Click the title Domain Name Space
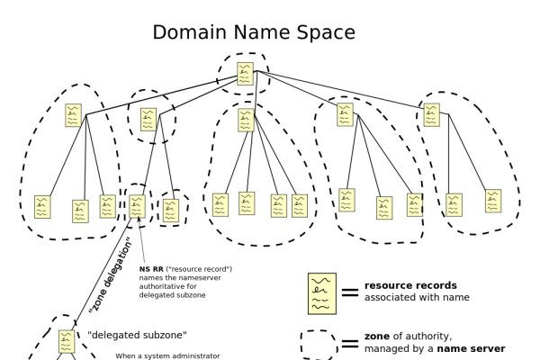[x=253, y=33]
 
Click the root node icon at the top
[x=245, y=73]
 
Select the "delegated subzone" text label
[x=138, y=336]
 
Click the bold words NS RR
[x=150, y=268]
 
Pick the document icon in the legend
[x=320, y=292]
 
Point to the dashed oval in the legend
[x=319, y=344]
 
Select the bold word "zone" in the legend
[x=377, y=336]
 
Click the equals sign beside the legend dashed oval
[x=350, y=344]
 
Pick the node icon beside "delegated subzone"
[x=66, y=341]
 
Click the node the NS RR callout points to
[x=137, y=206]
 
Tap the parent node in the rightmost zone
[x=431, y=113]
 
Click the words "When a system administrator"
[x=168, y=356]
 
